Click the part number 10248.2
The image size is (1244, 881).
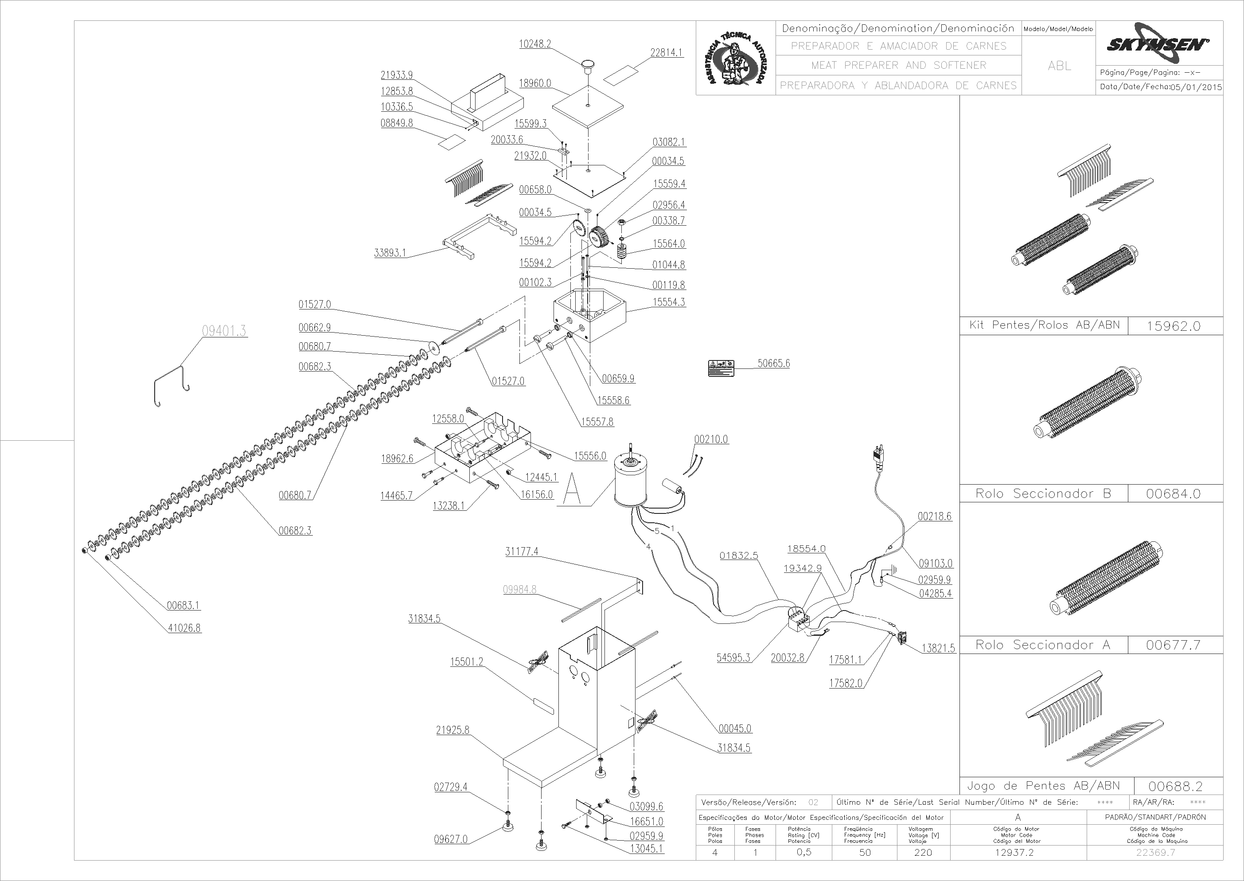point(534,44)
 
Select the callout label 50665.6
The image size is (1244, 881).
point(773,363)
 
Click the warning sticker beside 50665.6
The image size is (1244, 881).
point(721,368)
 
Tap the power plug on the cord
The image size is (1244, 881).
point(878,457)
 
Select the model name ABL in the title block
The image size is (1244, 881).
point(1059,66)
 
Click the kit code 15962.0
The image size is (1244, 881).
point(1174,326)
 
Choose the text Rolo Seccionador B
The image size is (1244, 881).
point(1043,493)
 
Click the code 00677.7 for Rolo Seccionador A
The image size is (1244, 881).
point(1174,645)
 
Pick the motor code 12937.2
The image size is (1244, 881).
point(1014,852)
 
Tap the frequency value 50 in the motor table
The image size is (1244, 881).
point(865,852)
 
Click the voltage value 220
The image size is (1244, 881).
point(923,852)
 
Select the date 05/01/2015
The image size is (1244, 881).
point(1196,87)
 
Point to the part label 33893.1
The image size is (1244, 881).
point(390,253)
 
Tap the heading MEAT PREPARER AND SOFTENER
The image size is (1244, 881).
point(899,65)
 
